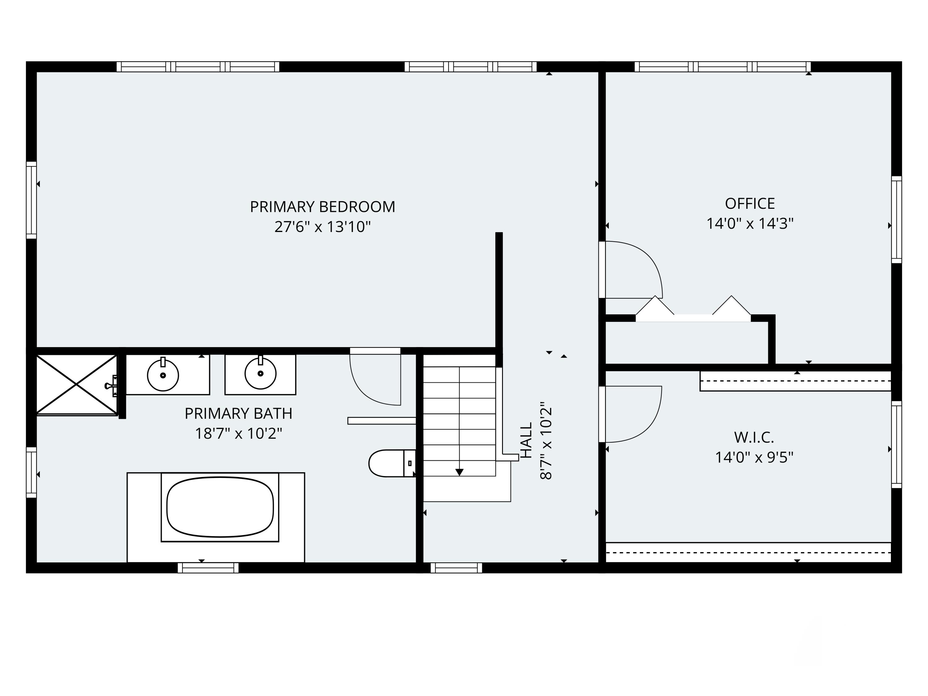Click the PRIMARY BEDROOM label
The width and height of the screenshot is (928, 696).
322,207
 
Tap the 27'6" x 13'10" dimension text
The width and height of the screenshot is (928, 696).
322,227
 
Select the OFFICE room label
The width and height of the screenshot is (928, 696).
750,204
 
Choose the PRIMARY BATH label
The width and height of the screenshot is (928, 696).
238,413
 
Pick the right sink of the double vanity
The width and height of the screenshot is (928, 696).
260,373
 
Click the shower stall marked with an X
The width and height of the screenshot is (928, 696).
76,384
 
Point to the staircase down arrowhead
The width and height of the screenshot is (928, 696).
459,472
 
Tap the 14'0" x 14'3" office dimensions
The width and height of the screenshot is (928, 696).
750,224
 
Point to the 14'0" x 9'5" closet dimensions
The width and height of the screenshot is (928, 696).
754,457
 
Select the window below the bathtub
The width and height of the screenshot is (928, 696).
208,568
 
